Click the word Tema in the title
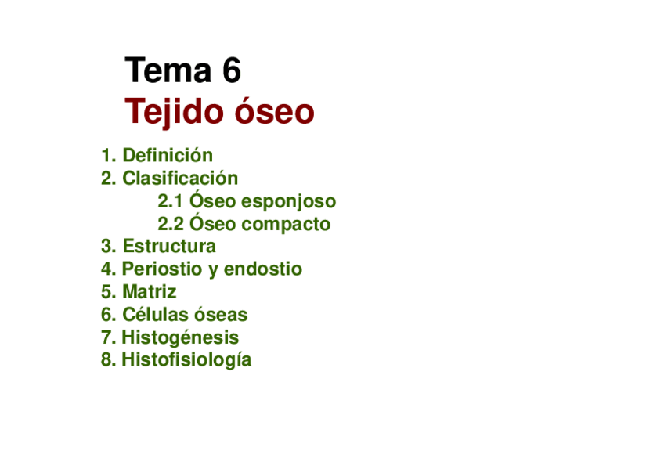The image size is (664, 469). (x=168, y=70)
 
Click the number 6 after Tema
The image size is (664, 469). (x=232, y=70)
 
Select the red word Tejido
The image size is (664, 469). (x=174, y=111)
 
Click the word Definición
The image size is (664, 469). (x=168, y=155)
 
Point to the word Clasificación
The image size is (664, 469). (x=180, y=179)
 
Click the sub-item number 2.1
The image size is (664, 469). (x=170, y=201)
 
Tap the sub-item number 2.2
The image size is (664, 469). (x=171, y=225)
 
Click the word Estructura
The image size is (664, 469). (x=169, y=247)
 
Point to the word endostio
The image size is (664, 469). (x=263, y=269)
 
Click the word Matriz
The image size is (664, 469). (x=149, y=292)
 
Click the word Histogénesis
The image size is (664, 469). (x=180, y=337)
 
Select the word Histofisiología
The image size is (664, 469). (x=186, y=360)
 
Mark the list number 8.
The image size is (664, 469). (x=108, y=360)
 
